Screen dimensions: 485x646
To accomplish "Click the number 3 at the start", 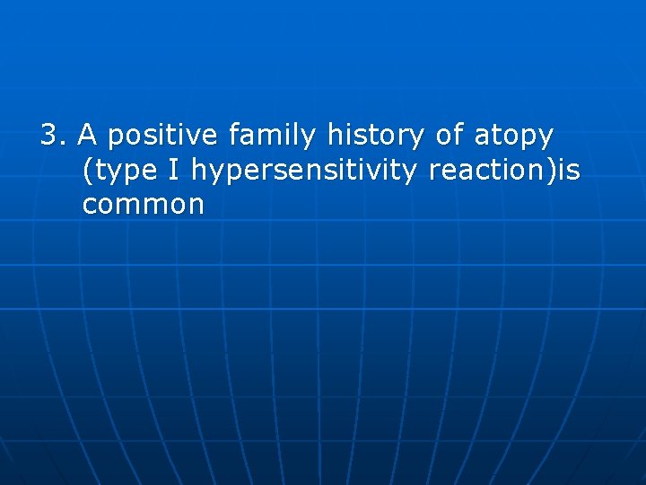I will pyautogui.click(x=48, y=136).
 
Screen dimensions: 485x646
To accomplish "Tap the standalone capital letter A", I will pyautogui.click(x=87, y=136).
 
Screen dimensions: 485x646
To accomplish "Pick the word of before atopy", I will pyautogui.click(x=450, y=136).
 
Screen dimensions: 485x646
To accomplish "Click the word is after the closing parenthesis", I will pyautogui.click(x=568, y=171).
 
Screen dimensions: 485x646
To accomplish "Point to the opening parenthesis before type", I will pyautogui.click(x=86, y=171).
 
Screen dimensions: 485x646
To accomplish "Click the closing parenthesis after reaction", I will pyautogui.click(x=551, y=171).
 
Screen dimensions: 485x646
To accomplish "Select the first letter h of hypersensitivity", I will pyautogui.click(x=198, y=170).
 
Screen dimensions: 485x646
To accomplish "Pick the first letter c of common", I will pyautogui.click(x=89, y=206).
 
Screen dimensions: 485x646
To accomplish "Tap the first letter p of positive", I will pyautogui.click(x=112, y=138).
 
